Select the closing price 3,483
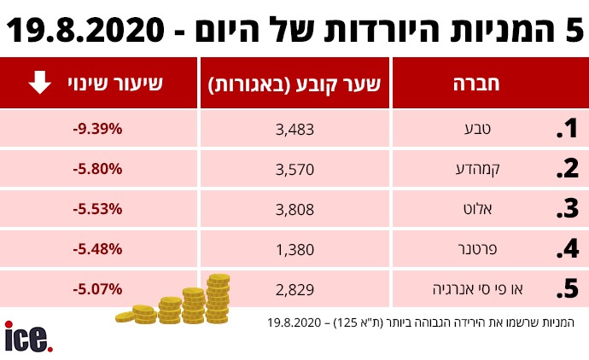click(x=296, y=129)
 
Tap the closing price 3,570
click(x=296, y=169)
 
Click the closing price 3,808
click(x=296, y=209)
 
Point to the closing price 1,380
click(x=296, y=249)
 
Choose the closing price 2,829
click(x=296, y=289)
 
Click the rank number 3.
click(x=567, y=209)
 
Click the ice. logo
click(x=28, y=336)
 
